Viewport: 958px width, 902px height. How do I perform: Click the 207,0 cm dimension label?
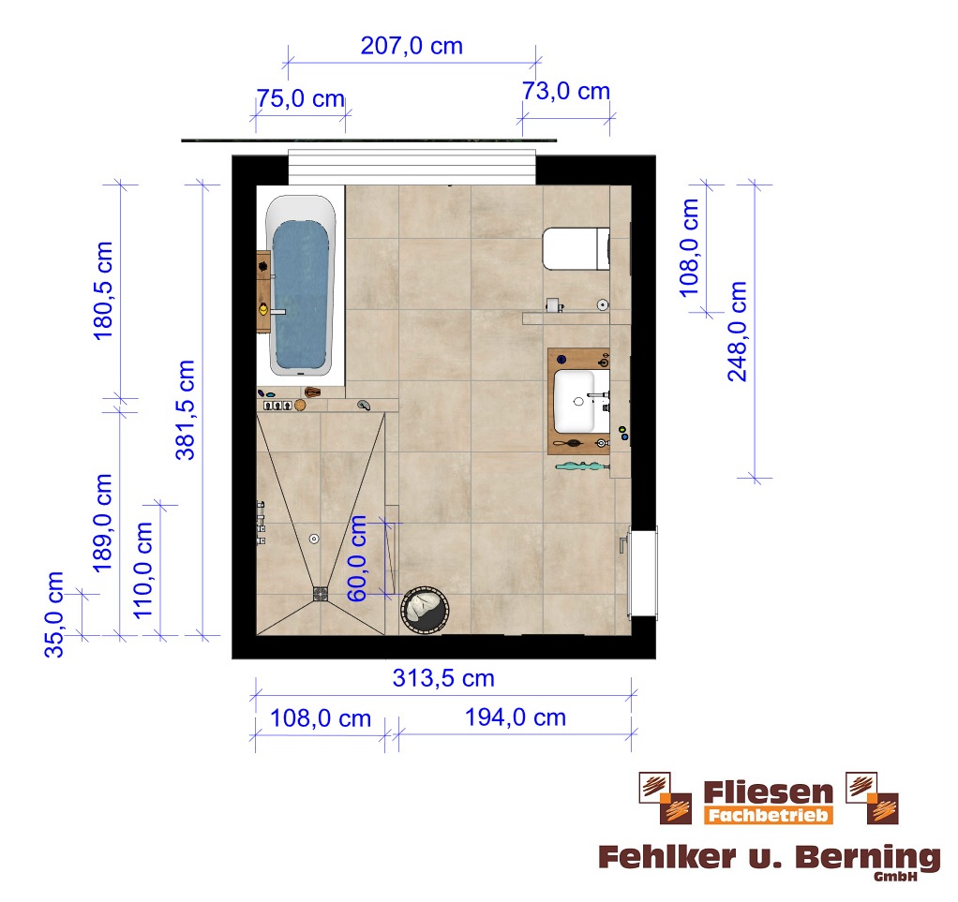click(412, 46)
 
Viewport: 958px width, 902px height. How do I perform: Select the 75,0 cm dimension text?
click(301, 98)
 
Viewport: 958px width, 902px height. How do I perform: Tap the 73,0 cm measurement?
click(566, 91)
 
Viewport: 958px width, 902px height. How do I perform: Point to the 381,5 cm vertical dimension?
click(185, 409)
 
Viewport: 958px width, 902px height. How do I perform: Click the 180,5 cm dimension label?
click(103, 290)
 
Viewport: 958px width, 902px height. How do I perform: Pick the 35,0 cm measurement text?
click(53, 614)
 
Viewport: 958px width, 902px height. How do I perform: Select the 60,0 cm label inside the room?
click(357, 558)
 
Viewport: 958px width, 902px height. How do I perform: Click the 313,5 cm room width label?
click(443, 678)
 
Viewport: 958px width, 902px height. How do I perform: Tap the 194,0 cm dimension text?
click(516, 717)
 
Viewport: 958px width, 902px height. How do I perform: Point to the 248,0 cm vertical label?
click(738, 332)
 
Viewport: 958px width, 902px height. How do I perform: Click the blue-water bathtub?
click(301, 286)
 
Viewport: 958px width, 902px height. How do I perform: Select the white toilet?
click(576, 248)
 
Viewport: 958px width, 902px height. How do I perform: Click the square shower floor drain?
click(321, 594)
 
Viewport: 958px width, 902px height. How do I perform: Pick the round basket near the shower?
click(425, 610)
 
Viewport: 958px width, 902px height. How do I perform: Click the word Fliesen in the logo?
click(768, 792)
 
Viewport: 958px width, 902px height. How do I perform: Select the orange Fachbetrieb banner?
click(769, 815)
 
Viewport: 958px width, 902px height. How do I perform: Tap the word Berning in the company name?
click(868, 858)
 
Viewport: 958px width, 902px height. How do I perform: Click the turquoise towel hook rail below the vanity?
click(581, 466)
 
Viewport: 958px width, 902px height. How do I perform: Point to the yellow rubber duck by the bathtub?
click(263, 309)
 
